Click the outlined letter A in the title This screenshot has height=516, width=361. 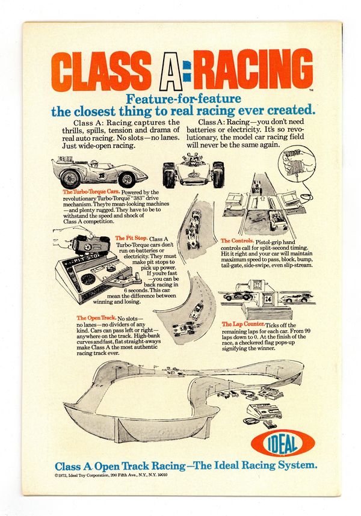pos(170,71)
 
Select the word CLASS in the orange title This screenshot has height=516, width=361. pos(100,71)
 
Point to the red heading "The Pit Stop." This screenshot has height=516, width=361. pos(131,238)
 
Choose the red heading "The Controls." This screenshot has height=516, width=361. pos(237,241)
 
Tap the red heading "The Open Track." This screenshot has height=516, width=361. pos(96,318)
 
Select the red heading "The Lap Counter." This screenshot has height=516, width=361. pos(243,324)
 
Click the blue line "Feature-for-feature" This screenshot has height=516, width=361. pos(184,99)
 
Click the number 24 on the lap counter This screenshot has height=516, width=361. pos(268,299)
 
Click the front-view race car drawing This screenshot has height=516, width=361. pos(193,170)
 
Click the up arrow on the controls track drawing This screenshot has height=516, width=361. pos(262,199)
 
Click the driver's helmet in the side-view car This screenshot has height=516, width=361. pos(94,164)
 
